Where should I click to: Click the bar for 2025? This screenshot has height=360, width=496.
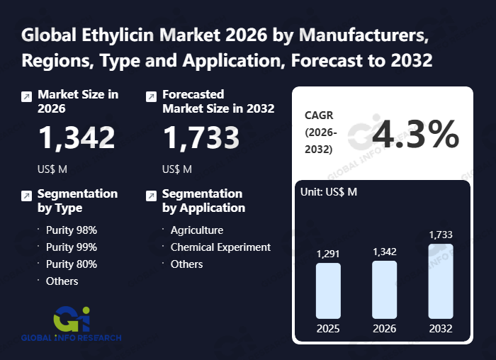pyautogui.click(x=328, y=291)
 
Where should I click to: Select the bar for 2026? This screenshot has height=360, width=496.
pyautogui.click(x=384, y=289)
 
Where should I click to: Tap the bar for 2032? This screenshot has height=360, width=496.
pyautogui.click(x=440, y=281)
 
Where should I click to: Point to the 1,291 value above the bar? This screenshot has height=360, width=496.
pyautogui.click(x=328, y=253)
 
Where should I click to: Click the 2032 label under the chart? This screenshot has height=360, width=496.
pyautogui.click(x=440, y=329)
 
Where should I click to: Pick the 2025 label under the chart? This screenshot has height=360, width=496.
pyautogui.click(x=328, y=329)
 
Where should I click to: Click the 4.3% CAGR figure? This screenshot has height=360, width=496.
pyautogui.click(x=415, y=134)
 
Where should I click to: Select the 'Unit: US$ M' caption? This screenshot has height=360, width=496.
pyautogui.click(x=329, y=193)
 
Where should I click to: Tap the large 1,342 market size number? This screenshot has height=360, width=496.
pyautogui.click(x=77, y=137)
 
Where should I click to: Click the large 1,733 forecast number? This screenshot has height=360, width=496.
pyautogui.click(x=201, y=137)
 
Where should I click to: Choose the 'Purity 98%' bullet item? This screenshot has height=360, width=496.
pyautogui.click(x=72, y=230)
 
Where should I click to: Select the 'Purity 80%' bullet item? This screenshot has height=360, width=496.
pyautogui.click(x=72, y=264)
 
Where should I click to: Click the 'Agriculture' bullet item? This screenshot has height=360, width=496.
pyautogui.click(x=197, y=230)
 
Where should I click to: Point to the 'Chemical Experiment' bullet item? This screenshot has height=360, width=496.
pyautogui.click(x=220, y=247)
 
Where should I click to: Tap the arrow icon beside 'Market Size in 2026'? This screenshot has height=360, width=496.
pyautogui.click(x=26, y=96)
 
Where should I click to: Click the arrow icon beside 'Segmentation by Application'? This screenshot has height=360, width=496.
pyautogui.click(x=151, y=196)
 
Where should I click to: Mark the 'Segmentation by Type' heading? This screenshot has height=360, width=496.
pyautogui.click(x=77, y=201)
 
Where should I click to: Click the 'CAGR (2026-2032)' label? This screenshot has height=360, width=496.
pyautogui.click(x=321, y=132)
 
